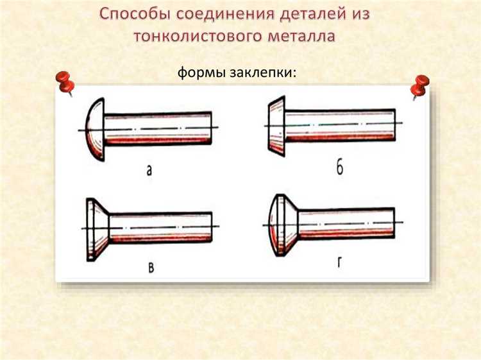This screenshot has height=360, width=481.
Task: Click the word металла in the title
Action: tap(301, 36)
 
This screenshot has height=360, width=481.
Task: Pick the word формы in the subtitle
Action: tap(201, 73)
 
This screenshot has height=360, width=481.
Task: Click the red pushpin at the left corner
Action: tap(65, 83)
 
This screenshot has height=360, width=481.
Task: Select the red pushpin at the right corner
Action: tap(419, 87)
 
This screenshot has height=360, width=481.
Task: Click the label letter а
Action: tap(149, 170)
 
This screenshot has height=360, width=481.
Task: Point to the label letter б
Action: tap(339, 167)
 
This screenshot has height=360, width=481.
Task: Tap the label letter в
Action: tap(151, 267)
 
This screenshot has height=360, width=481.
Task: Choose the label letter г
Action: tap(339, 262)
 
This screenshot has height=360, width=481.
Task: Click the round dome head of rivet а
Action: tap(95, 130)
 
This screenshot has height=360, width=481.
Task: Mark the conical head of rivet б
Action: tap(276, 126)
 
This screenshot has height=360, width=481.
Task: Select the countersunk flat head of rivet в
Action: tap(97, 230)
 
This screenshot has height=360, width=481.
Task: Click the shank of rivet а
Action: tap(158, 128)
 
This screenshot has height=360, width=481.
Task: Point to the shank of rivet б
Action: tap(340, 125)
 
